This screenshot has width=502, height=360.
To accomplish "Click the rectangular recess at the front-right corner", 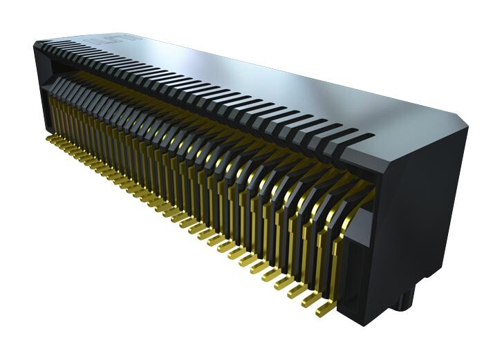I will (x=360, y=256).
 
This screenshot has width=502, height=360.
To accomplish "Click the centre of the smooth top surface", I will (x=263, y=83).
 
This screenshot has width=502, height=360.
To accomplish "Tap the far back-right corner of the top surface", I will (x=459, y=113).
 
